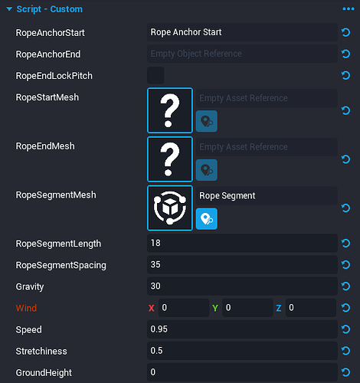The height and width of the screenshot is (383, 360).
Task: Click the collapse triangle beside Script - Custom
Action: tap(9, 9)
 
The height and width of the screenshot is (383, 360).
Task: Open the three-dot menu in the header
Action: tap(349, 9)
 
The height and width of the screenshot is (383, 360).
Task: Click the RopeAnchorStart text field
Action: tap(242, 32)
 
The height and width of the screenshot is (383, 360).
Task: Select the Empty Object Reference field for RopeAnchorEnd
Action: tap(242, 54)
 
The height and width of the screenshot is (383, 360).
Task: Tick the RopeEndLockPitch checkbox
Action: tap(155, 76)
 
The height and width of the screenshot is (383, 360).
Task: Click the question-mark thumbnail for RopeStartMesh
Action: tap(170, 110)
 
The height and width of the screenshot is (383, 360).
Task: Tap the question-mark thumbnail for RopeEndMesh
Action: tap(170, 159)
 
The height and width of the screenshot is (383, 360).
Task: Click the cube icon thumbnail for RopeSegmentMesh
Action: tap(170, 208)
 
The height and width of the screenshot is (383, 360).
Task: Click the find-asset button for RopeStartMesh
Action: tap(207, 121)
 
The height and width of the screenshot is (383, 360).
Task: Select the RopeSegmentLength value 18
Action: tap(242, 243)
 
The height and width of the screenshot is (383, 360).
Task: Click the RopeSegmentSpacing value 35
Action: tap(242, 265)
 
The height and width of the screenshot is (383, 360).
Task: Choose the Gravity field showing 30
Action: tap(242, 286)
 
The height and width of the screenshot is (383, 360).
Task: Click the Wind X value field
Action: tap(184, 308)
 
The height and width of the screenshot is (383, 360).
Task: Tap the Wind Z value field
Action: tap(311, 308)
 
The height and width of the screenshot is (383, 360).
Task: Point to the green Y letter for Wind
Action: tap(215, 308)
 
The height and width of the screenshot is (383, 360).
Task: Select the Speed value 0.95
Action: tap(242, 329)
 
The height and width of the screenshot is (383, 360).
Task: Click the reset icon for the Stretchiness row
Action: tap(345, 351)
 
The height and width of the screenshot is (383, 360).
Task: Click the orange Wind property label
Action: tap(26, 308)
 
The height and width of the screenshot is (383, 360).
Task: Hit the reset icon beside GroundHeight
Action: tap(345, 372)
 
